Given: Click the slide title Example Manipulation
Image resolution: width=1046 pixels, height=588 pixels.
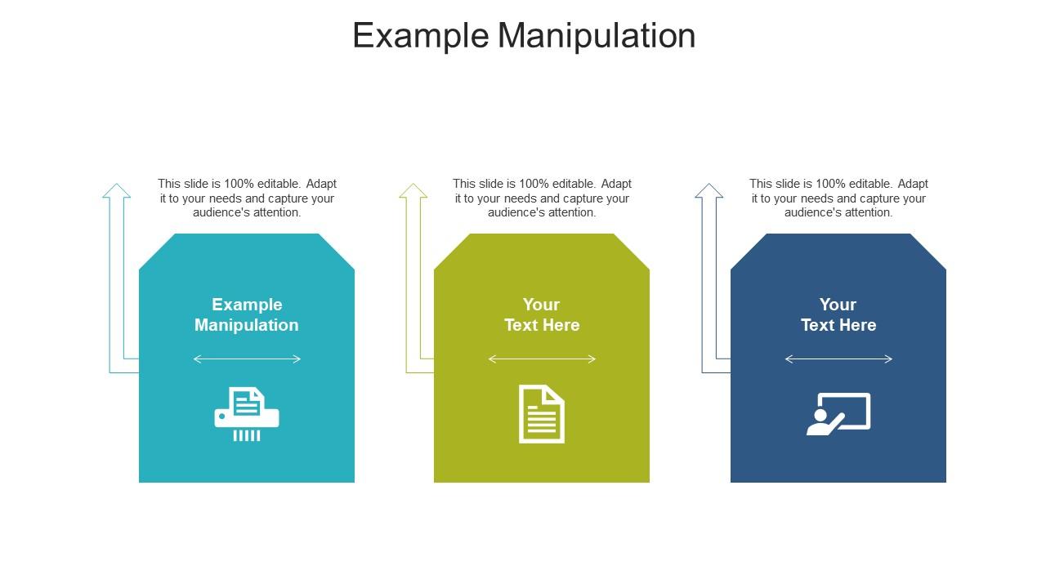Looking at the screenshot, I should coord(524,36).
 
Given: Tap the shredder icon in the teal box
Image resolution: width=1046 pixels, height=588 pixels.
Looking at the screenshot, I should coord(247,414).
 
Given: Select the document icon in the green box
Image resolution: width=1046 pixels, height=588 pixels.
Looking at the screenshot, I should coord(542,414).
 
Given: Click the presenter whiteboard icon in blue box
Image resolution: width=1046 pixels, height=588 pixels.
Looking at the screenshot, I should coord(838,414).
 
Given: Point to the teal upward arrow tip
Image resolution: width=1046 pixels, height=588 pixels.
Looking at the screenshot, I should coord(117,188).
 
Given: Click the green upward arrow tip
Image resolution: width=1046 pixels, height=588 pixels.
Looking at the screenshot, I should coord(413,188).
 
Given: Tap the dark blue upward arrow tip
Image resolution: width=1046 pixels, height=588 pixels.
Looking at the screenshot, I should coord(709,188).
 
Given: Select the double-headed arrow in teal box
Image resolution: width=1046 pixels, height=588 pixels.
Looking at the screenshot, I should coord(247,359).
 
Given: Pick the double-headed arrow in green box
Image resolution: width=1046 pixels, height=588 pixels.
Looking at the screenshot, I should coord(542,359).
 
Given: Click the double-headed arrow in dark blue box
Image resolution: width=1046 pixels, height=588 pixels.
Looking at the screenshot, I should coord(838,359).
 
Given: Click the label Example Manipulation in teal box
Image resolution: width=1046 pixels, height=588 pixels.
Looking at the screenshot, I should coord(247,314).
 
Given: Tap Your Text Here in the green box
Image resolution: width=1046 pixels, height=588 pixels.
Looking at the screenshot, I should coord(542,314).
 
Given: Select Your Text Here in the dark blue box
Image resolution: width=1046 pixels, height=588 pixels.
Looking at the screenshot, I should coord(838,314).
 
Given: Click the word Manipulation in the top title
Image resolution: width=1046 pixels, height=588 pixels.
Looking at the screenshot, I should coord(597,36).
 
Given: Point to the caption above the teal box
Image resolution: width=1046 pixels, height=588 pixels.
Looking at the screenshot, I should coord(247,198).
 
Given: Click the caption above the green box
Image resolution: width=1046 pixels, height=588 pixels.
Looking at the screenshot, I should coord(542,198).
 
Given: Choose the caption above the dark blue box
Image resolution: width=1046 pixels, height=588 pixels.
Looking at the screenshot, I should coord(838,198).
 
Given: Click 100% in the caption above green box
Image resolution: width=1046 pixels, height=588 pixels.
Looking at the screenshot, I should coord(534,184).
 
